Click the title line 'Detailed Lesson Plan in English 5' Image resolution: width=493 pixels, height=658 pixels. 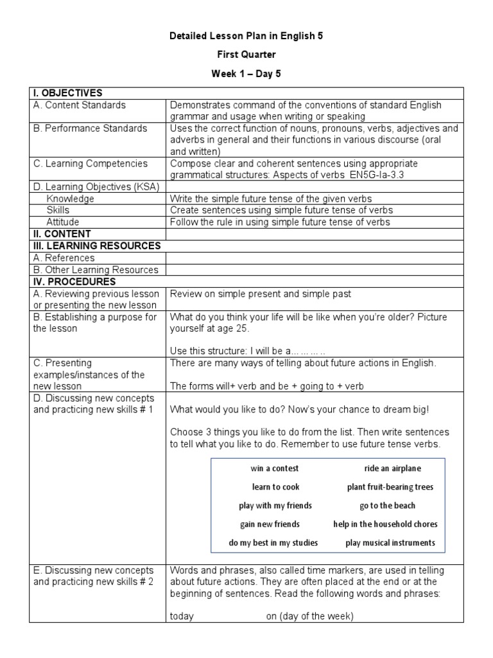coord(246,37)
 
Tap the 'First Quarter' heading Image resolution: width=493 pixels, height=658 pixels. coord(246,55)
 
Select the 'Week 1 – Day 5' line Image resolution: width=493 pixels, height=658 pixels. coord(246,74)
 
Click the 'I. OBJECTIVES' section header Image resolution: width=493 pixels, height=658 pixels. coord(66,93)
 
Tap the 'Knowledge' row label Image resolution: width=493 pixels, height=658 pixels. coord(70,199)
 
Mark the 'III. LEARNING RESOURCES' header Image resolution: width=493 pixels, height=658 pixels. coord(96,245)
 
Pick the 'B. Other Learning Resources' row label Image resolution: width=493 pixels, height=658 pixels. coord(96,270)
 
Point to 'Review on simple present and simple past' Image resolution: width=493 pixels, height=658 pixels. coord(260,294)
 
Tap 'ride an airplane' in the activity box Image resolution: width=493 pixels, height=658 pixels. coord(384,468)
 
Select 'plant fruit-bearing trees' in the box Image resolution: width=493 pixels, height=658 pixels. coord(390,487)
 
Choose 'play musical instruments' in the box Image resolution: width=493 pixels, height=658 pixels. coord(390,543)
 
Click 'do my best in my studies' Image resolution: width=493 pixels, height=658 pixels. coord(273,543)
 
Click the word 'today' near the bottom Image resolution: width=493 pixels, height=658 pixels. coord(182,616)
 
